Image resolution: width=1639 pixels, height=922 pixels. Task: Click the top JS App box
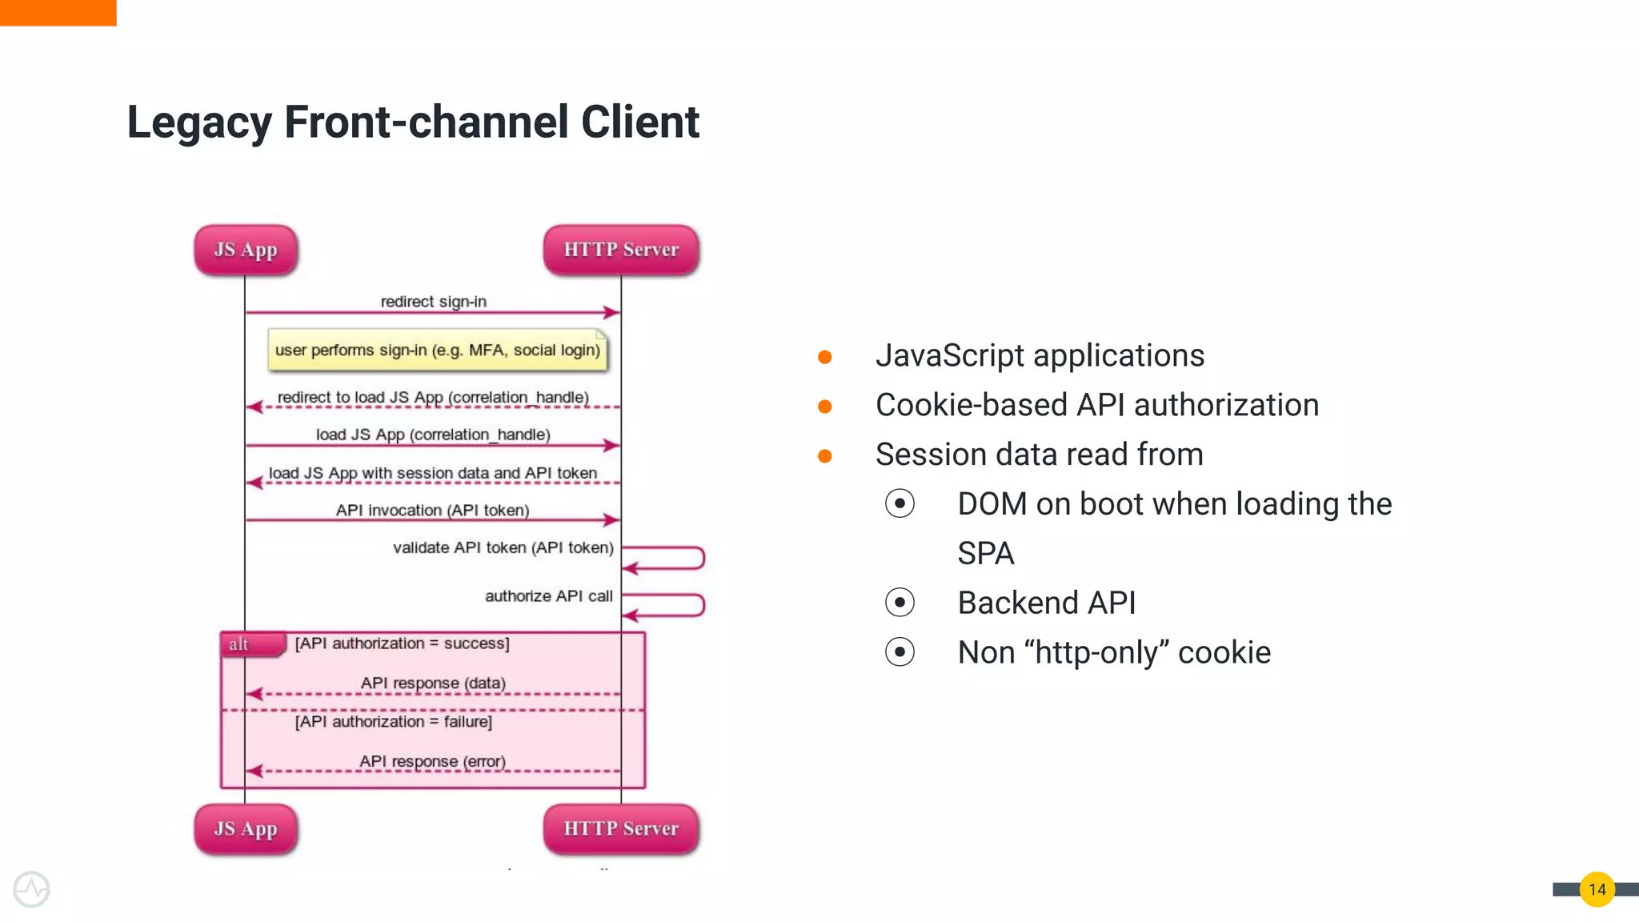coord(246,250)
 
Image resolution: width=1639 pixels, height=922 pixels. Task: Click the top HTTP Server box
coord(621,250)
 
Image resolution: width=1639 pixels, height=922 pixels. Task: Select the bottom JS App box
coord(246,828)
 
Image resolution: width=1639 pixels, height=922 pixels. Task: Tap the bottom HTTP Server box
coord(621,828)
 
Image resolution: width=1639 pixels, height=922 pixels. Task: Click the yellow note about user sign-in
coord(438,351)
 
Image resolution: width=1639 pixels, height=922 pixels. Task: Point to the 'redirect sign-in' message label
coord(433,302)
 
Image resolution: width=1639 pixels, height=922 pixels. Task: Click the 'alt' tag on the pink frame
coord(239,644)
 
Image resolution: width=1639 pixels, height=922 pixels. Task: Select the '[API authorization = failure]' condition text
coord(393,722)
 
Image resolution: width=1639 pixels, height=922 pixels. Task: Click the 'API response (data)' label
coord(433,683)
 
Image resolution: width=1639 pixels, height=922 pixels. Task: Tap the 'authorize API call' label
coord(548,596)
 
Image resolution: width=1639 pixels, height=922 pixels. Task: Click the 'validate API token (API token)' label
coord(503,547)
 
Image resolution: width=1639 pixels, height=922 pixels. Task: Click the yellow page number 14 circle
coord(1597,889)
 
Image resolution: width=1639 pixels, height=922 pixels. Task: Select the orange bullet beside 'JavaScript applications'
coord(824,357)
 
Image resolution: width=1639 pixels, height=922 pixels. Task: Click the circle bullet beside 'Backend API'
coord(900,603)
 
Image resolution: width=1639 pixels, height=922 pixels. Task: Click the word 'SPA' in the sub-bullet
coord(985,554)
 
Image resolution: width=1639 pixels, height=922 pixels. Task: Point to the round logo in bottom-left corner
coord(31,889)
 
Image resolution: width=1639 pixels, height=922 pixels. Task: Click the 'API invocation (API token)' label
coord(432,510)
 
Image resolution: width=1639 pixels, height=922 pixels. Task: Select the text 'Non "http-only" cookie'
coord(1113,652)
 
